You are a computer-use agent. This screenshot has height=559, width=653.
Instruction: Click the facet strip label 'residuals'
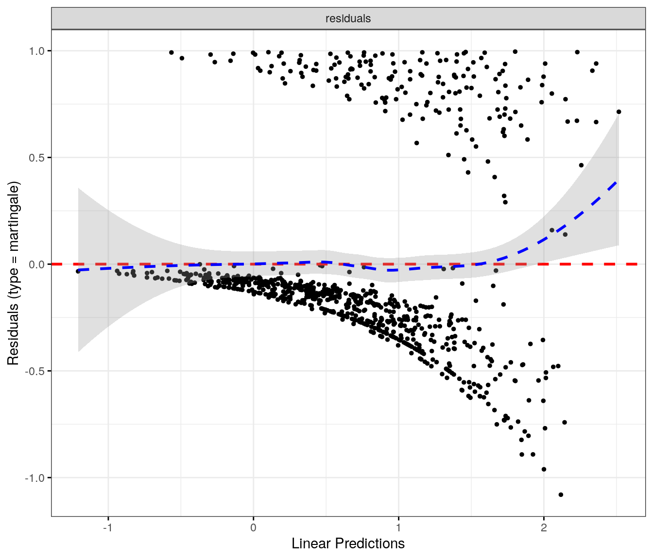point(348,18)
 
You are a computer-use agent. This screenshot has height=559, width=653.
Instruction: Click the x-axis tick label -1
point(108,527)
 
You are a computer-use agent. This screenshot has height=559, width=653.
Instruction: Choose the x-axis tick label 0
point(253,527)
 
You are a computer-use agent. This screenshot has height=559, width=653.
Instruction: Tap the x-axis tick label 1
point(398,527)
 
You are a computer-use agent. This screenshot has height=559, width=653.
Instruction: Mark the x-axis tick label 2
point(544,527)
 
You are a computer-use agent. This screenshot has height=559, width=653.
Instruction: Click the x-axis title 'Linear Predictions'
point(348,543)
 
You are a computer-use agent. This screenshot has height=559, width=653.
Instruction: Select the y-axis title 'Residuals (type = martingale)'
point(13,273)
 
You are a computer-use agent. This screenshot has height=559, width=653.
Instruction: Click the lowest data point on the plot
point(561,494)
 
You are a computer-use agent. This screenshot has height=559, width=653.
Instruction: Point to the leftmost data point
point(78,271)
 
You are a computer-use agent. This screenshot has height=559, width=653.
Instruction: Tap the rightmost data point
point(619,112)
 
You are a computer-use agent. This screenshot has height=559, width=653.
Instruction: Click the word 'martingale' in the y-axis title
point(13,217)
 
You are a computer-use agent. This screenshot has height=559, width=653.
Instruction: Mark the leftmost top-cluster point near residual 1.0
point(171,52)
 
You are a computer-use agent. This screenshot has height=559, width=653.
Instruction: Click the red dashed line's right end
point(644,264)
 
